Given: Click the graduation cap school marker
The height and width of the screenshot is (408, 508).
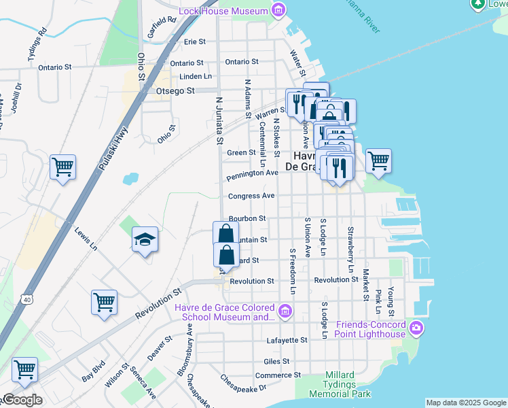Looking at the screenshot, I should (x=145, y=239).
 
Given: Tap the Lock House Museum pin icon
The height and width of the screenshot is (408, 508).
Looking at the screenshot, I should (x=278, y=10).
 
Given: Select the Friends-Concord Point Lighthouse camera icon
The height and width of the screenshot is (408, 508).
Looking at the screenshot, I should (x=416, y=330).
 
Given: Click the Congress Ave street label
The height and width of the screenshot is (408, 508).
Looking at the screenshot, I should (x=251, y=196).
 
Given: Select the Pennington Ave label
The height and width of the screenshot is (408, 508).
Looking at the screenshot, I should (x=252, y=173).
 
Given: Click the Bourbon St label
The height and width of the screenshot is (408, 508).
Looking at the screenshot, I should (x=247, y=218).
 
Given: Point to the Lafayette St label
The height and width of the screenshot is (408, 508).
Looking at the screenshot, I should (x=289, y=339).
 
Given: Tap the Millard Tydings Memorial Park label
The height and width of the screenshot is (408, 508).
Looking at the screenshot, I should (x=340, y=385).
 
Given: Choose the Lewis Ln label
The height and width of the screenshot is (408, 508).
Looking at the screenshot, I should (x=86, y=239).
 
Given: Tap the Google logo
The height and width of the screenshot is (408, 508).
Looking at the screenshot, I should (x=22, y=401).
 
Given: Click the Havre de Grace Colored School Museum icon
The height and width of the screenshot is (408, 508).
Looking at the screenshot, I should (x=285, y=312).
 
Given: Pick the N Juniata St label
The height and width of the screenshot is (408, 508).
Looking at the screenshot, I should (x=219, y=120).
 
